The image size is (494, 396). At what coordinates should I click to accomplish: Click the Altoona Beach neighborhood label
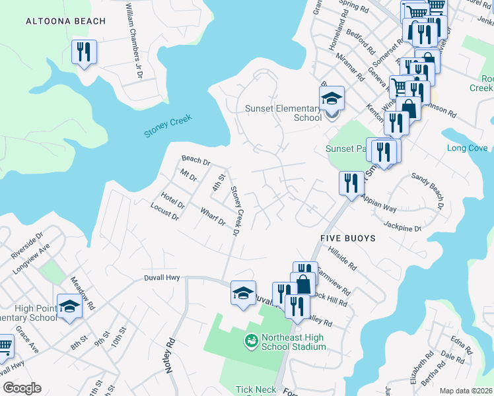tap(65, 21)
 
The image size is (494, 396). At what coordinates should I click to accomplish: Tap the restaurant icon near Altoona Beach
tap(84, 52)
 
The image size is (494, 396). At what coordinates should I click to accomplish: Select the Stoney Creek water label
tap(168, 127)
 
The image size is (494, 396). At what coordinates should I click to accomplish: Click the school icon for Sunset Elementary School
tap(332, 98)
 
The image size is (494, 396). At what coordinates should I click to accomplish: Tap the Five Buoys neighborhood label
tap(347, 238)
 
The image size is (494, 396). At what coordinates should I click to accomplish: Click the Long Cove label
tap(467, 148)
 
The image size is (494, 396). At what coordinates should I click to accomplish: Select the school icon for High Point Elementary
tap(69, 306)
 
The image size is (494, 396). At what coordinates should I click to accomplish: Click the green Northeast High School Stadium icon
tap(251, 341)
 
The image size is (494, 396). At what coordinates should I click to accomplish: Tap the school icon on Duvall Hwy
tap(243, 292)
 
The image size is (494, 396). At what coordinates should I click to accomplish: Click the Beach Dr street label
tap(195, 160)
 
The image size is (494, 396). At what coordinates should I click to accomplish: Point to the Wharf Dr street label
tap(213, 216)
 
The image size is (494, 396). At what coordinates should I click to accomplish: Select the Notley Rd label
tap(172, 356)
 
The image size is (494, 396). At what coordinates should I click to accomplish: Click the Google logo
tap(22, 388)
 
